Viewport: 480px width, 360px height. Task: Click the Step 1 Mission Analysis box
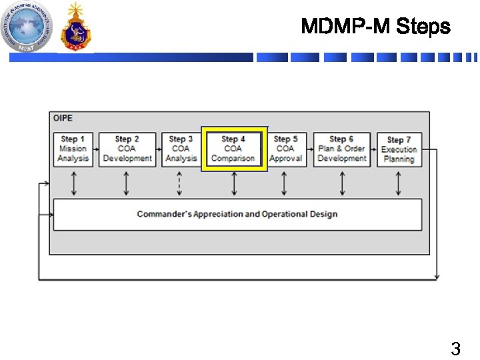tap(73, 149)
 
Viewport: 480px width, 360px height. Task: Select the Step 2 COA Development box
tap(127, 149)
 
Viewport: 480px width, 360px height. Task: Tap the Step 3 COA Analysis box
tap(181, 149)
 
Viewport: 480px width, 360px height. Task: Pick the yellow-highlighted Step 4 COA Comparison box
tap(233, 149)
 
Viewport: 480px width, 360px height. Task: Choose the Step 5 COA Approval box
tap(285, 149)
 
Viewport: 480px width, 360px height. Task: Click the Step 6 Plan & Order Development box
tap(342, 149)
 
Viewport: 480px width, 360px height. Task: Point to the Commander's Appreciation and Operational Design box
tap(237, 215)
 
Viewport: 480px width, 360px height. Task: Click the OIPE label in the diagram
tap(63, 118)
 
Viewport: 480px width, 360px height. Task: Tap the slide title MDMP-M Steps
tap(375, 27)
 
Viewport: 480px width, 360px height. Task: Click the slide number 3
tap(455, 348)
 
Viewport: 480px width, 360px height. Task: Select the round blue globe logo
tap(26, 27)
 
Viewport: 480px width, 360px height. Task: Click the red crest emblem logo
tap(75, 28)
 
